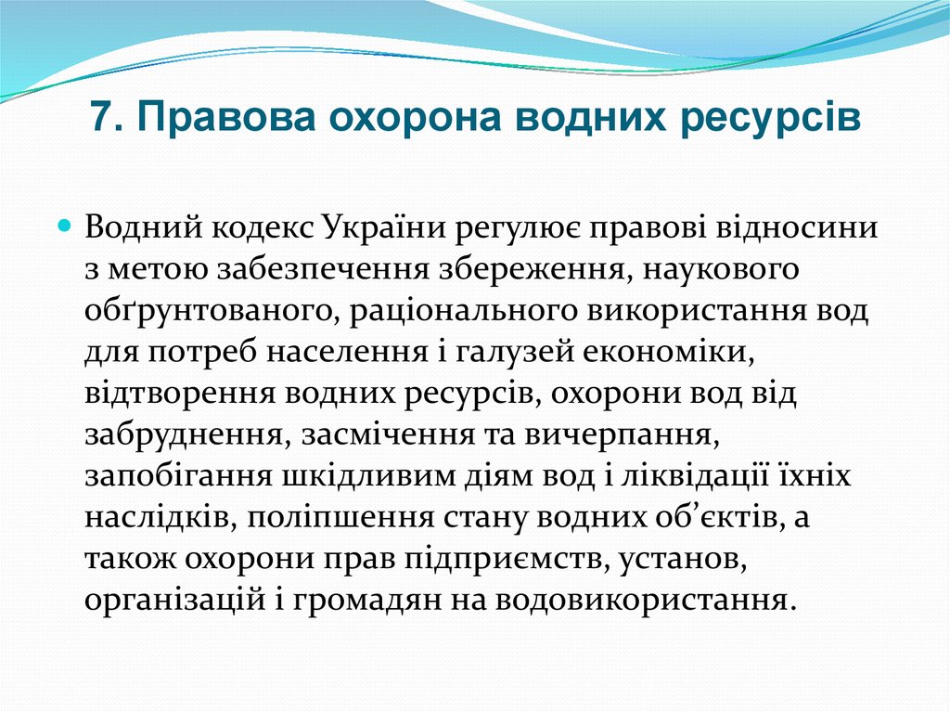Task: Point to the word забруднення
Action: point(183,434)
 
